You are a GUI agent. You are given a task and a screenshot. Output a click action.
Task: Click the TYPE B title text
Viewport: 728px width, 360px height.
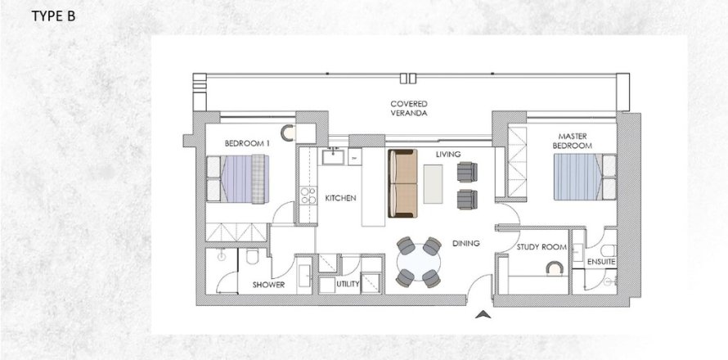(53, 16)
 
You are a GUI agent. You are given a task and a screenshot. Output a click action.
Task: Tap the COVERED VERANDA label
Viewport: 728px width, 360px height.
(408, 108)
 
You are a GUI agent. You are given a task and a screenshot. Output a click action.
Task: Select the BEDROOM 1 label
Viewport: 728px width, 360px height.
(247, 143)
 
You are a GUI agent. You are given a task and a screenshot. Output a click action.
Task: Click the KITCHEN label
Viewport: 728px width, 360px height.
(340, 198)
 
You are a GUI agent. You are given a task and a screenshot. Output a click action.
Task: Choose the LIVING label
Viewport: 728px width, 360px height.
(448, 154)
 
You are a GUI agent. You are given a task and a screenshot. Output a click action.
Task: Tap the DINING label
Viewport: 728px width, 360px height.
(466, 243)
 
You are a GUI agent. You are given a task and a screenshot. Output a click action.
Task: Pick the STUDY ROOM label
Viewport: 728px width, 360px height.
(542, 247)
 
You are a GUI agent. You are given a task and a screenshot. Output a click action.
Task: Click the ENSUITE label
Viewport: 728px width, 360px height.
(601, 262)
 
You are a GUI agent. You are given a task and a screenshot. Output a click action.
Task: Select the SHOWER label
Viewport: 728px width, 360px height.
(268, 285)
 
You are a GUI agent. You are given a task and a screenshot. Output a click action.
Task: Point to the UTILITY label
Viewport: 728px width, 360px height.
(348, 284)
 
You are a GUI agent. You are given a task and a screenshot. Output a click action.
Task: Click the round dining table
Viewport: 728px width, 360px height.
(419, 262)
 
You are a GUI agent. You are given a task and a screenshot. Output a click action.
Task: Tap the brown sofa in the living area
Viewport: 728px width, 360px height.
(402, 183)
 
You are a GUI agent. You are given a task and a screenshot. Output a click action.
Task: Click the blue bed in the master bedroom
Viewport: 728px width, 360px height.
(585, 177)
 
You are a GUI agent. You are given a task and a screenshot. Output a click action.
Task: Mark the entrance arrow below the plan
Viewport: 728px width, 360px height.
(483, 315)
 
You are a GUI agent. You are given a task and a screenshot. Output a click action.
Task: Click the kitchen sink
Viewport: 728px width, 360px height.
(334, 156)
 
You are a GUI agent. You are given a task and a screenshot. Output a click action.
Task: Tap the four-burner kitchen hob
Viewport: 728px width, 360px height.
(308, 196)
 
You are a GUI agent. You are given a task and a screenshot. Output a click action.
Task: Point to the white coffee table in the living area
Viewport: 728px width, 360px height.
(434, 184)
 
